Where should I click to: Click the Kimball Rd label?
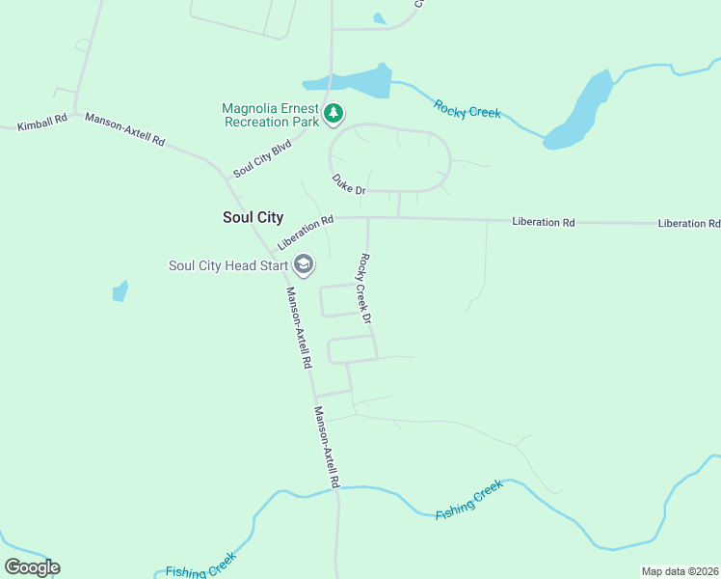[41, 123]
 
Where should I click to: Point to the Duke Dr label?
[348, 184]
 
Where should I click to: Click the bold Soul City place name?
[253, 218]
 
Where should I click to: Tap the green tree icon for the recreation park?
[334, 115]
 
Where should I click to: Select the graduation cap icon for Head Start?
[304, 265]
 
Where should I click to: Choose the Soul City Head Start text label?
[227, 266]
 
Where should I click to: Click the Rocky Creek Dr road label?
[365, 288]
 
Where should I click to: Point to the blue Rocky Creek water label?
[467, 109]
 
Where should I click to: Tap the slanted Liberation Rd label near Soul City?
[305, 232]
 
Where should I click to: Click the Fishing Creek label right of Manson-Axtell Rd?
[469, 500]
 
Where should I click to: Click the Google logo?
[32, 567]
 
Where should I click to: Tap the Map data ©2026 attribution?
[680, 571]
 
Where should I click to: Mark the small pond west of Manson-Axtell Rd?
[120, 290]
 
